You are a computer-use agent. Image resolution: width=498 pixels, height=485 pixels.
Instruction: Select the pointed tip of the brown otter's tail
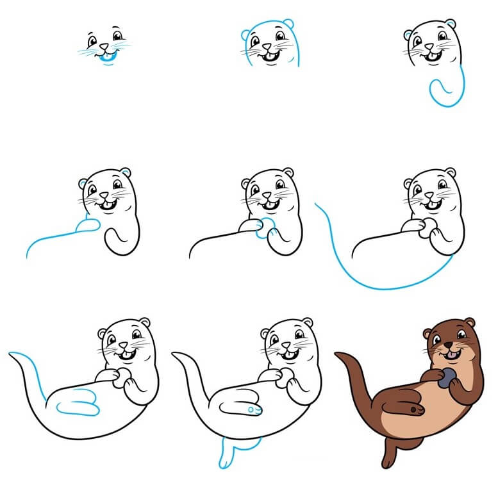point(337,354)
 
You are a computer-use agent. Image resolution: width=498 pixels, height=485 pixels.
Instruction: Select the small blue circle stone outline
point(261,229)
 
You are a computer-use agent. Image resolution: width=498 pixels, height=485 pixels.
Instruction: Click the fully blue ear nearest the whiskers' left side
point(245,36)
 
